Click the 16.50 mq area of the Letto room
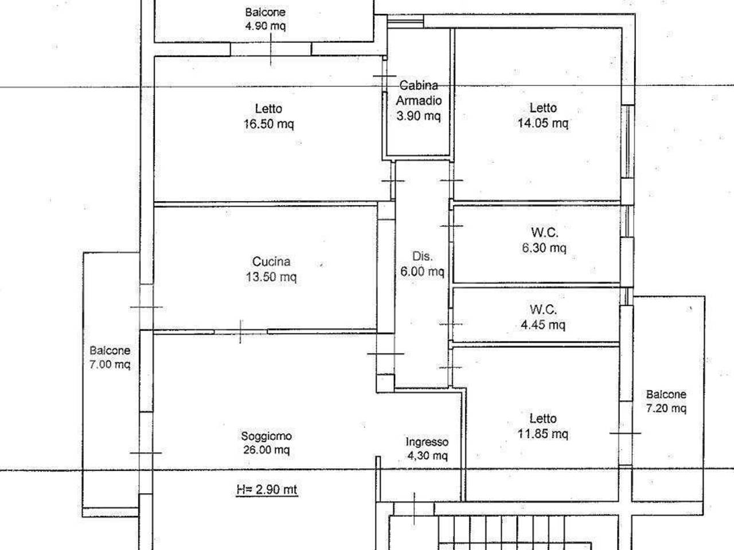(x=269, y=124)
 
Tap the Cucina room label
(x=271, y=261)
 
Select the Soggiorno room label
(x=267, y=436)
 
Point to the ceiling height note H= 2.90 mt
(x=267, y=489)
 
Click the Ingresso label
(x=427, y=442)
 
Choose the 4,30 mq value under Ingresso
(x=427, y=455)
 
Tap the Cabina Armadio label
(x=419, y=93)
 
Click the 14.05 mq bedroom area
(x=542, y=123)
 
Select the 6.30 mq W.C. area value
(x=544, y=247)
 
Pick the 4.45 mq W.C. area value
(x=543, y=325)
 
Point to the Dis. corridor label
(x=423, y=257)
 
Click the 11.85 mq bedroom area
(x=542, y=434)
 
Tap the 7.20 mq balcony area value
(x=666, y=408)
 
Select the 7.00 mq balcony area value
(x=110, y=364)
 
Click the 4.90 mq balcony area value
(x=266, y=26)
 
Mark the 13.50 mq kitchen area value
(x=271, y=277)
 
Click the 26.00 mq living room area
(x=267, y=450)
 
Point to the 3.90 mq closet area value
(x=419, y=116)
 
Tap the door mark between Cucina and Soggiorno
(x=240, y=332)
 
